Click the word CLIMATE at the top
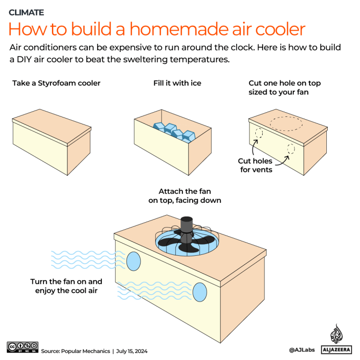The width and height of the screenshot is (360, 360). pos(27,13)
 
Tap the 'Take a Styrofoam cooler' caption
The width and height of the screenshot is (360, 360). pos(56,83)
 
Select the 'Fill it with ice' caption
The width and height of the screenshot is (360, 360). pos(177,83)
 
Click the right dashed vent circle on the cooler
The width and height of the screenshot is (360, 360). pos(291,149)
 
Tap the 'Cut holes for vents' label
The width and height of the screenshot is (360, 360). pos(255,166)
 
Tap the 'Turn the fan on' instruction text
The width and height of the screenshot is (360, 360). pos(66,286)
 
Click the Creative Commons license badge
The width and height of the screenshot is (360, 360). pos(22,347)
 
